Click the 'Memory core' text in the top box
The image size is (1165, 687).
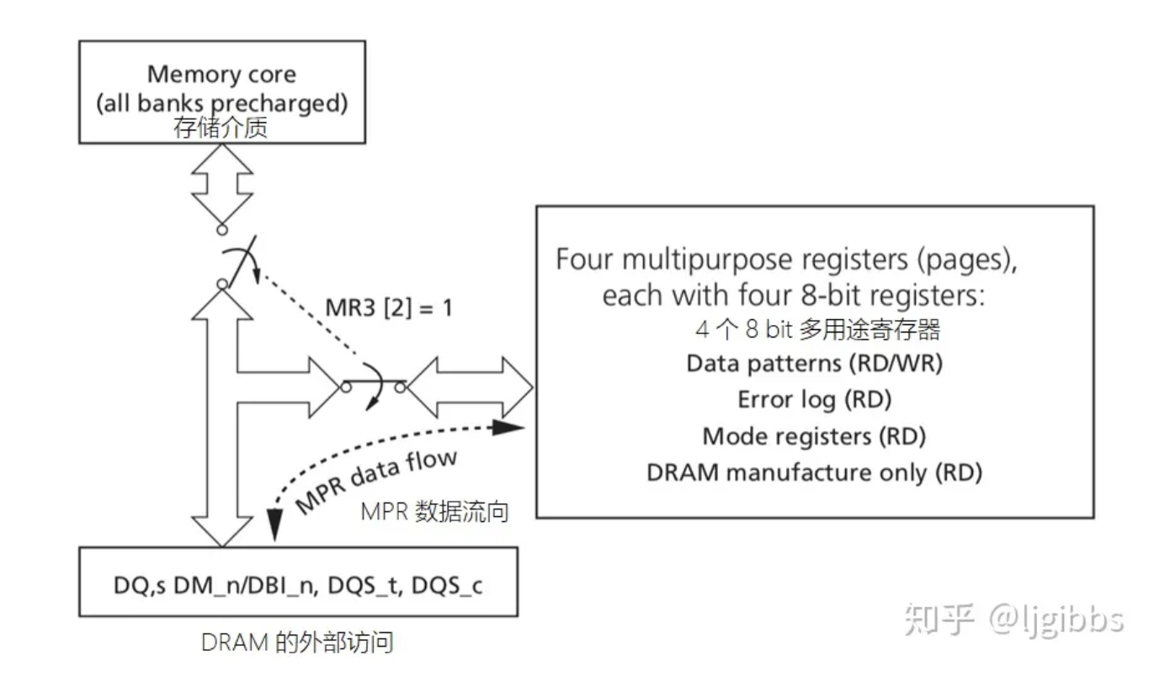point(221,74)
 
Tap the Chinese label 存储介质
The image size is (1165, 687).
point(221,128)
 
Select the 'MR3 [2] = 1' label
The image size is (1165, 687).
point(389,308)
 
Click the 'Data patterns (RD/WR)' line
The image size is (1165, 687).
point(814,364)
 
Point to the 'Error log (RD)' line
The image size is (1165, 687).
point(814,399)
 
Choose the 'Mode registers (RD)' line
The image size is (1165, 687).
point(814,436)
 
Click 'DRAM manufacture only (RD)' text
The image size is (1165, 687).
point(814,471)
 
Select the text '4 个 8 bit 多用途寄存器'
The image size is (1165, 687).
point(814,330)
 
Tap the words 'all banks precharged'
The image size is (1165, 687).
point(221,104)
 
